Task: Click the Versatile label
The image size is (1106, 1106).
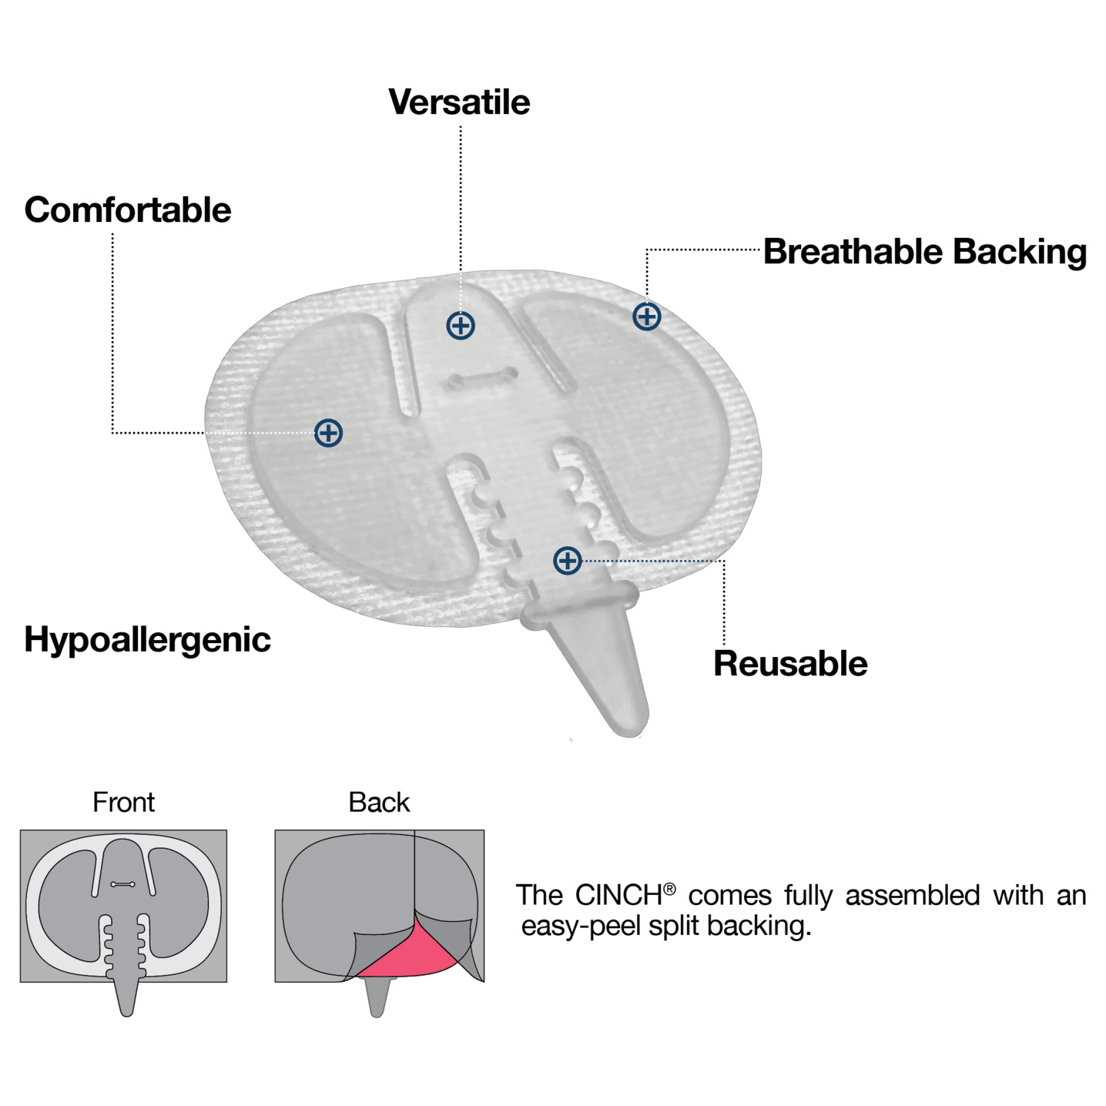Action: click(x=459, y=102)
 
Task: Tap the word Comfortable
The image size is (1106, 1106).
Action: click(x=128, y=210)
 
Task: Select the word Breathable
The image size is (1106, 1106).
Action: click(x=853, y=252)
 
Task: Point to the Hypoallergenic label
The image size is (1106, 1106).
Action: click(x=147, y=640)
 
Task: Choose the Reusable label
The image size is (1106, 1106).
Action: click(x=790, y=664)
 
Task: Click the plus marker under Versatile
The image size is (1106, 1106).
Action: click(x=461, y=326)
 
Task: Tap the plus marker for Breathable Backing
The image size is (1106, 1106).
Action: click(x=647, y=317)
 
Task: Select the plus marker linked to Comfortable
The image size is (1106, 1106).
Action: click(x=329, y=433)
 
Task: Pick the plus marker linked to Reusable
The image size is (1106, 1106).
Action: click(x=568, y=561)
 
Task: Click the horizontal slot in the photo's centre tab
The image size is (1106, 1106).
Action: click(x=483, y=377)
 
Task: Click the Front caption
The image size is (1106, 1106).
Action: click(x=123, y=803)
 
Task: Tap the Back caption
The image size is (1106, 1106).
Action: click(x=379, y=803)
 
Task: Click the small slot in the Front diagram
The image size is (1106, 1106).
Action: click(x=123, y=884)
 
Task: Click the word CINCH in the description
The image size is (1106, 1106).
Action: click(x=618, y=896)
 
